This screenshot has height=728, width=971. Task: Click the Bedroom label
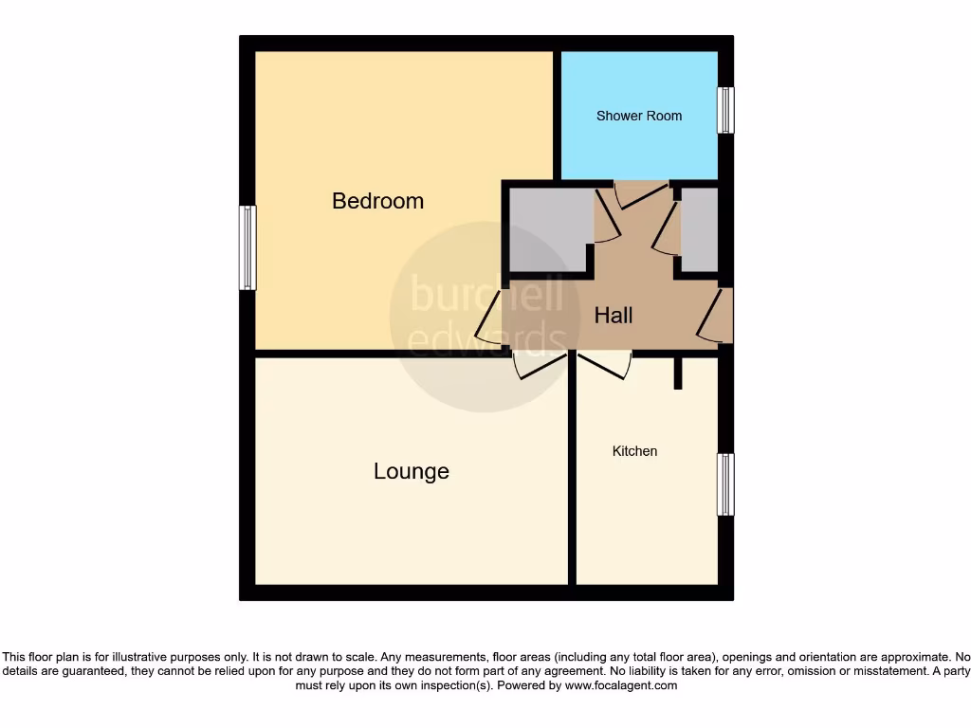(x=377, y=201)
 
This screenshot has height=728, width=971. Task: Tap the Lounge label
(x=411, y=471)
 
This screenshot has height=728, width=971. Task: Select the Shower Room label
(x=638, y=116)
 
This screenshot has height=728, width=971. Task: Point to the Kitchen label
(x=634, y=451)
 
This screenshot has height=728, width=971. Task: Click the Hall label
(x=613, y=316)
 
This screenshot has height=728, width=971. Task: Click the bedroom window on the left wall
(x=247, y=247)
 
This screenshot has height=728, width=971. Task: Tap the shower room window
(x=725, y=110)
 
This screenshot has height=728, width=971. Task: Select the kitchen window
(x=725, y=483)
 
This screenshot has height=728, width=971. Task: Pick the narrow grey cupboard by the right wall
(x=699, y=230)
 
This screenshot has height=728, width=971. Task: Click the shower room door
(x=641, y=194)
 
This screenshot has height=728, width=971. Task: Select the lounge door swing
(x=541, y=366)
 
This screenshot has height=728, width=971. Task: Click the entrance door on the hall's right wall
(x=716, y=317)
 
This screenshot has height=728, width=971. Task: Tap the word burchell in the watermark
(x=485, y=295)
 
